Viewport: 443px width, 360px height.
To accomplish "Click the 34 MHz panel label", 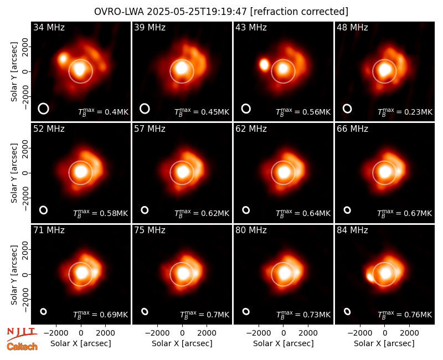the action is point(49,27).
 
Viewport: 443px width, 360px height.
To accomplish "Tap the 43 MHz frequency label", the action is point(251,27).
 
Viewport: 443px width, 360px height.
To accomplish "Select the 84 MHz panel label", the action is point(352,230).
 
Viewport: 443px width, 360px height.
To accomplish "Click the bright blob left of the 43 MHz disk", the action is point(264,65).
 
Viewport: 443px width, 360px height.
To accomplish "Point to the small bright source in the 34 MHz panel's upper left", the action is point(63,59).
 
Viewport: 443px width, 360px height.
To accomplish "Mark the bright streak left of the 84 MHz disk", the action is point(370,277).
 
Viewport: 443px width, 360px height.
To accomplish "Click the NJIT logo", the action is point(22,333).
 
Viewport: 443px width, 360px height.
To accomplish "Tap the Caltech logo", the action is point(22,347).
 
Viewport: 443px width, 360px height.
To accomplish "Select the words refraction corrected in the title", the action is point(299,12).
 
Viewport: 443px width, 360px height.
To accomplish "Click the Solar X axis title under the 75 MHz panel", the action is point(182,343).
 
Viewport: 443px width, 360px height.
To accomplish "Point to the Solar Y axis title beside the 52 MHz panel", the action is point(14,173).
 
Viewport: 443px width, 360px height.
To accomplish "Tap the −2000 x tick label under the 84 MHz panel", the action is point(359,333).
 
